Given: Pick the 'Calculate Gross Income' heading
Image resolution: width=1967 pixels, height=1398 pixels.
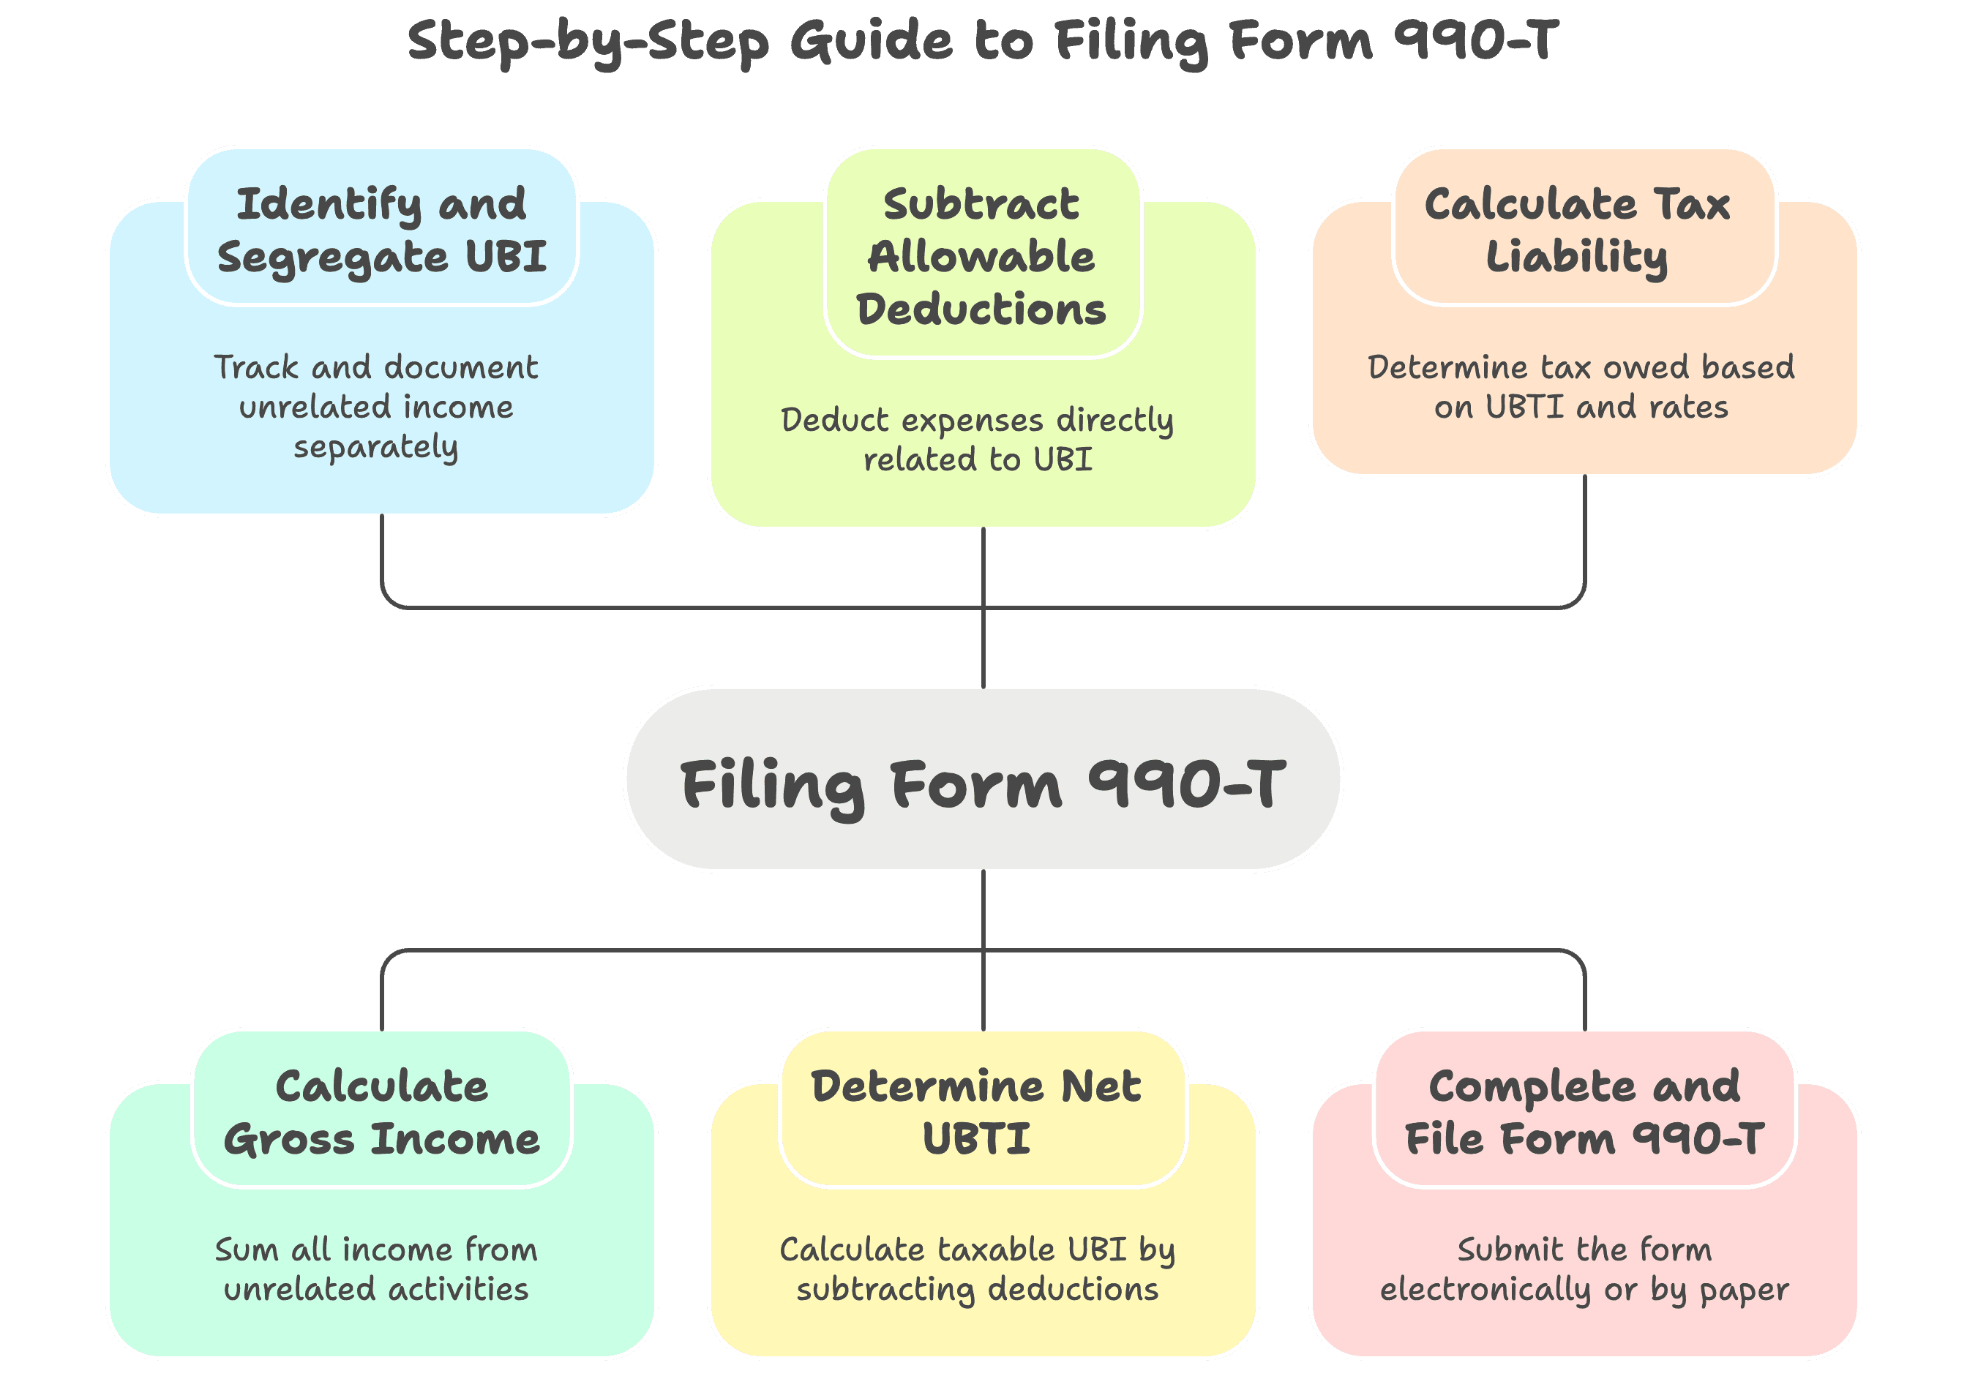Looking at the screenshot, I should click(x=381, y=1111).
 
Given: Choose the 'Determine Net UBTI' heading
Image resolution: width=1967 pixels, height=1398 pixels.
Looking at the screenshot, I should click(x=977, y=1111).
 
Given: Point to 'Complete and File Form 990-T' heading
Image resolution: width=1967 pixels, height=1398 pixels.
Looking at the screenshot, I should click(x=1584, y=1111).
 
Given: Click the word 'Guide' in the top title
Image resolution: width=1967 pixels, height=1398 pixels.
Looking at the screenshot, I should click(x=871, y=41).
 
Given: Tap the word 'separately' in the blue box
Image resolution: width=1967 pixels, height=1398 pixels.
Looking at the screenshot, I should click(x=375, y=447).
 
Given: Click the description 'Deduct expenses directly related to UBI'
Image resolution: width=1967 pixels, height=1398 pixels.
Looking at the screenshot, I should click(x=977, y=439).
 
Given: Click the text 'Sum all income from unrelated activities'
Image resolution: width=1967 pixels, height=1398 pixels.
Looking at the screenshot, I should click(x=376, y=1269).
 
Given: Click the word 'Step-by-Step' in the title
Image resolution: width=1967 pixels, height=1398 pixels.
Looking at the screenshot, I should click(x=588, y=41).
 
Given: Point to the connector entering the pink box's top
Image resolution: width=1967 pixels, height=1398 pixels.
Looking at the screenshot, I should click(x=1584, y=999).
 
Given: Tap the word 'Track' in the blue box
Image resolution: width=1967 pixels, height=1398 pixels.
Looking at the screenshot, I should click(x=255, y=367).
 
